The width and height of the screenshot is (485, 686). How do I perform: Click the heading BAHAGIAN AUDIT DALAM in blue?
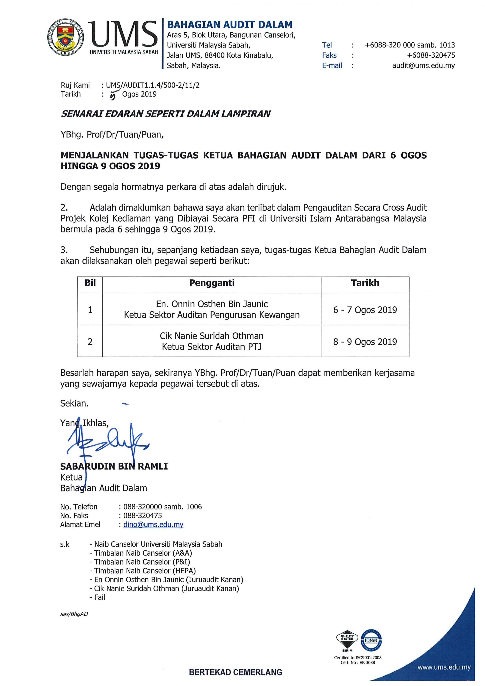coord(229,24)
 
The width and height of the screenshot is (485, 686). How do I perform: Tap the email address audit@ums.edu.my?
coord(423,66)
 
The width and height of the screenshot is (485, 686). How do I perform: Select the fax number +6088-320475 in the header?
coord(431,55)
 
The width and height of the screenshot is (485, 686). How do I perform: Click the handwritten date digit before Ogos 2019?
coord(113,95)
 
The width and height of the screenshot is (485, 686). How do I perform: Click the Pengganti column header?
coord(212,283)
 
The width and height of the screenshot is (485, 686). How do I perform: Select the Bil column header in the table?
coord(90,283)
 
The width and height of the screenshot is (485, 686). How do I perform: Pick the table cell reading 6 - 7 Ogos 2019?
coord(365,310)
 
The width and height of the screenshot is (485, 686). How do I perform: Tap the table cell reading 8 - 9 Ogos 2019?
coord(365,342)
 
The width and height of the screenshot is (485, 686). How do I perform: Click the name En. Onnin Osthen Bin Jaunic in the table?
coord(212,304)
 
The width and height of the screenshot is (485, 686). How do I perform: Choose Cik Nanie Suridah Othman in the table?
coord(212,336)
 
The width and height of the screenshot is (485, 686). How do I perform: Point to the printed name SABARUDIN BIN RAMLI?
coord(114,466)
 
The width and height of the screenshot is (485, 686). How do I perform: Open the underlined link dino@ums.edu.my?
coord(153,524)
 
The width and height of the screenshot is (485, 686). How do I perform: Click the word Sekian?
coord(74,404)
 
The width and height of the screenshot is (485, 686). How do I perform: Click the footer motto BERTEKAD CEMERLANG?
coord(235,673)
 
